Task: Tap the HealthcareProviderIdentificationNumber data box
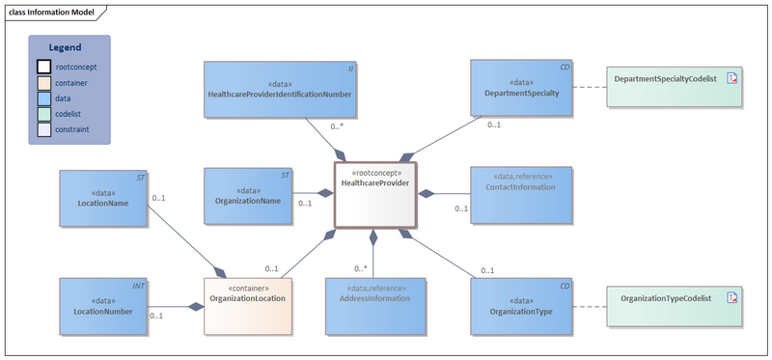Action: (x=279, y=89)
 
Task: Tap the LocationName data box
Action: (x=102, y=199)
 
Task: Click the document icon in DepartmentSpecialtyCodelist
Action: (x=732, y=78)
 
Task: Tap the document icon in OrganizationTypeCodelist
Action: (x=732, y=297)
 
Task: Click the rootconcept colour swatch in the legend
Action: (x=44, y=67)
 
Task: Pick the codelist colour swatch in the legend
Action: (x=44, y=113)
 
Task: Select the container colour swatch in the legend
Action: (x=44, y=82)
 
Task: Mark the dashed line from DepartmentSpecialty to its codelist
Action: (x=589, y=89)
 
